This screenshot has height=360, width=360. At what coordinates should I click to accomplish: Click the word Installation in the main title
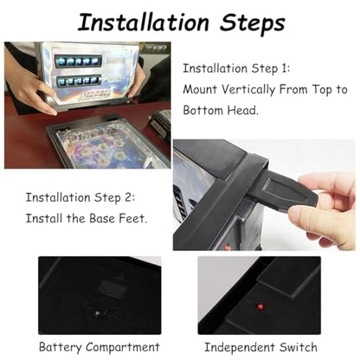click(x=144, y=22)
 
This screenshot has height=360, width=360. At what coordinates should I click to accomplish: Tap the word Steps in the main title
click(x=253, y=23)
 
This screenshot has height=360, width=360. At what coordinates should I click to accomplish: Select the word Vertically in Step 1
click(x=247, y=90)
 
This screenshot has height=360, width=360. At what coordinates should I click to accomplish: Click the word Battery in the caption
click(x=61, y=348)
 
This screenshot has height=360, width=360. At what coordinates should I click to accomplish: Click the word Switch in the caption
click(x=299, y=347)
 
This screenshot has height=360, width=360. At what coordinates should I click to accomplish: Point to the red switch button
click(x=260, y=306)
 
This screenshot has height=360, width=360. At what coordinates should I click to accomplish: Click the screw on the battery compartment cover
click(x=98, y=312)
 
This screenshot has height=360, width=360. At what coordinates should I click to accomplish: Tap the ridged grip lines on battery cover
click(x=112, y=287)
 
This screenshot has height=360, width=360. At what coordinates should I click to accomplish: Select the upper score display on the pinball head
click(x=79, y=61)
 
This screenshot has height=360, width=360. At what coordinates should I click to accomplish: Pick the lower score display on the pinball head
click(x=79, y=80)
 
